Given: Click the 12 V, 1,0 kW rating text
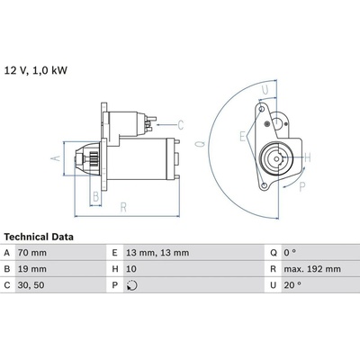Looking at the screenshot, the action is pos(36,70).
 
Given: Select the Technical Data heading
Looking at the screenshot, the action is pos(39,237).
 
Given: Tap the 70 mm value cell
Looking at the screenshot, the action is pos(32,253).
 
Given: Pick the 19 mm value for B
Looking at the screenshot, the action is pos(32,269).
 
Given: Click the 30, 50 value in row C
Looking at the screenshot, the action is pos(31,285).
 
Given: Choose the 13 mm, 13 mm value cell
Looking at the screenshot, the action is pos(157,253).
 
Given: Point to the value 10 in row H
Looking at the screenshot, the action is pos(131,269).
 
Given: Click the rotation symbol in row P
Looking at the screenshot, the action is pos(132,285).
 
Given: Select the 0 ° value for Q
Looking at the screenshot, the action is pos(290,253).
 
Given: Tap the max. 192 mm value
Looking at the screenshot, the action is pos(312,269).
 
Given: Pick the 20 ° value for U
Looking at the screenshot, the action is pos(292,285).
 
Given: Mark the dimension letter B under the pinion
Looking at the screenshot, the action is pos(96,197).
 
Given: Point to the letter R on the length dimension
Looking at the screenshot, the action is pos(123,207).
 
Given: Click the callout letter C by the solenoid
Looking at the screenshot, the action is pos(180,125).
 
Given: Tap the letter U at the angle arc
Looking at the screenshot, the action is pos(265,90).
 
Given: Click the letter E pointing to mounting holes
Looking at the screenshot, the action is pos(242,136).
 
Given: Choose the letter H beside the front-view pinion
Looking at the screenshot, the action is pos(308,157).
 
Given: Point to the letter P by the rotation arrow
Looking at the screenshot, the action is pos(302,187).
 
